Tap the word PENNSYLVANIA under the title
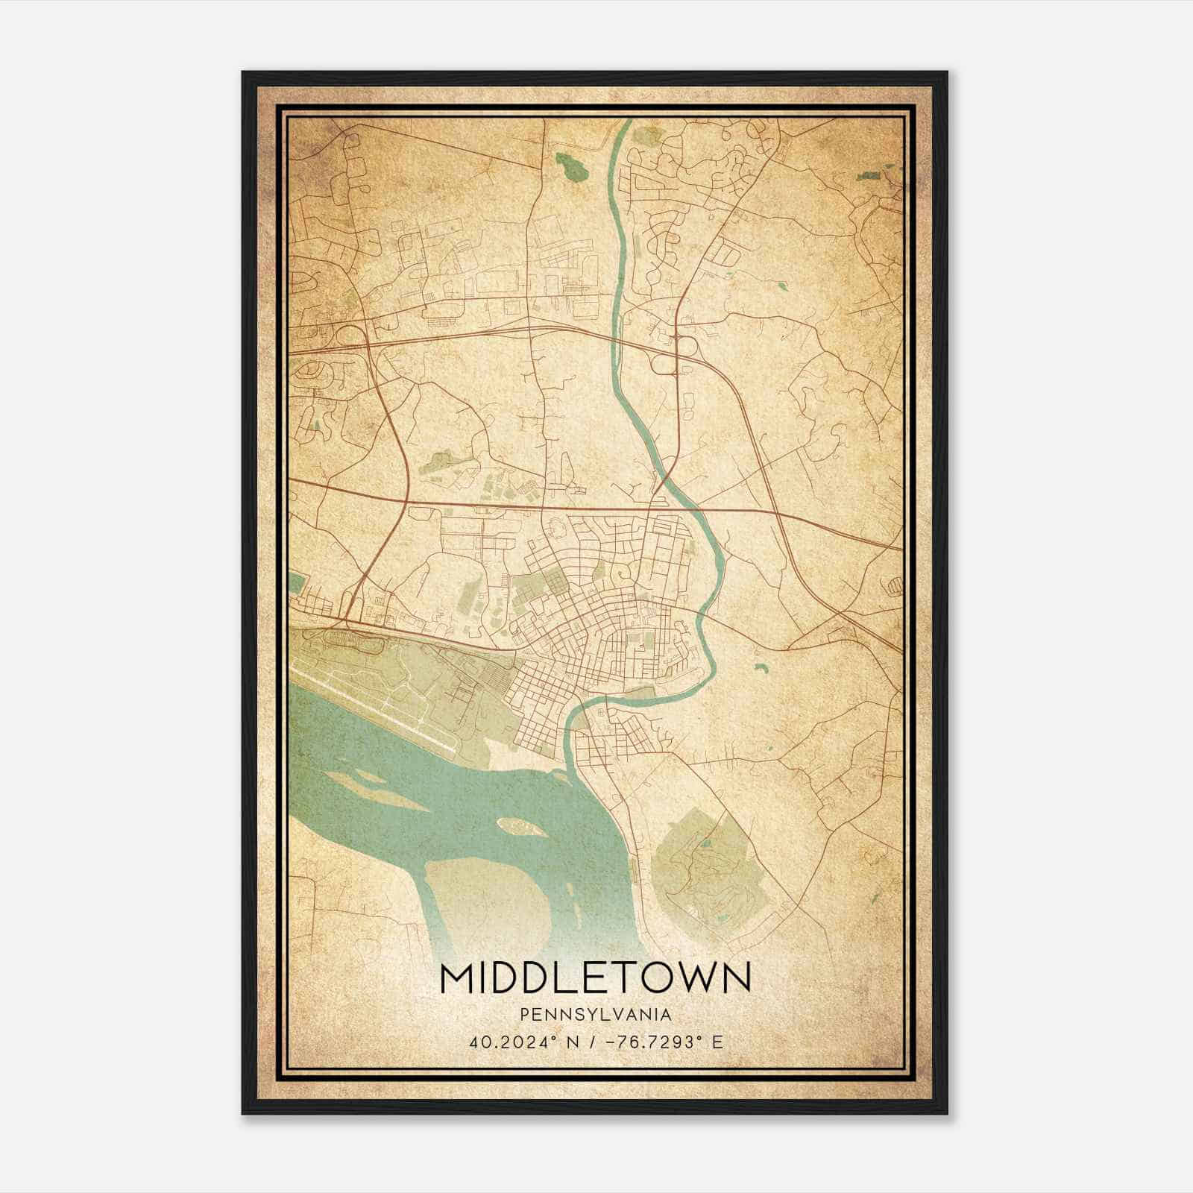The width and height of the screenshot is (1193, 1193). coord(596,1015)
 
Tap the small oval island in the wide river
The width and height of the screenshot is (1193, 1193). coord(519,825)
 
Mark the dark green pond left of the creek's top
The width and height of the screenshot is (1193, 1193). coord(572,166)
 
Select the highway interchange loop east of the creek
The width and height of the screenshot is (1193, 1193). coord(663,364)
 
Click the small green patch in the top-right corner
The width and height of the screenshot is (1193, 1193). coord(869,176)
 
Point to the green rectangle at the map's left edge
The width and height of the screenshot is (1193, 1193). coord(297,582)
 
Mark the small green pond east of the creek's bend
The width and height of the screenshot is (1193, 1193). coord(760,668)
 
